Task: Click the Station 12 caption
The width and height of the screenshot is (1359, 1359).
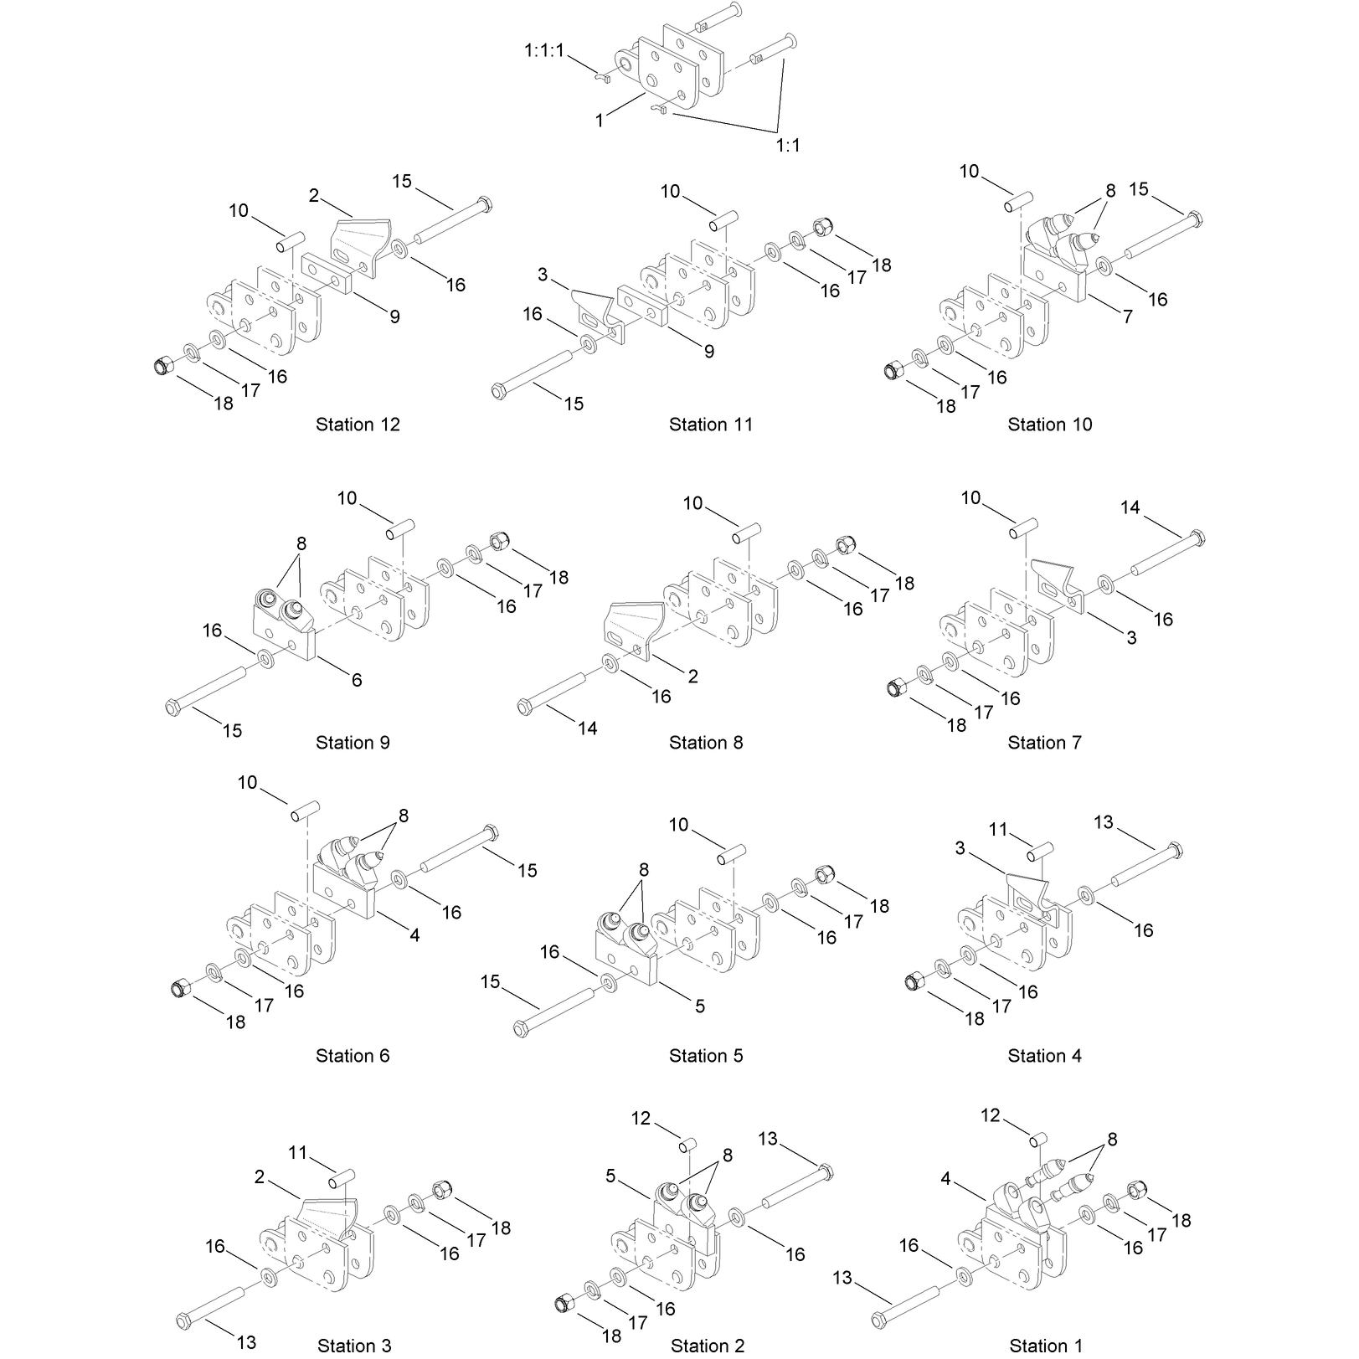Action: (358, 425)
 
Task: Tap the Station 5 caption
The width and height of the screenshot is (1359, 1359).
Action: (706, 1056)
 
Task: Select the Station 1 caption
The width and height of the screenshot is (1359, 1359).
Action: (1046, 1346)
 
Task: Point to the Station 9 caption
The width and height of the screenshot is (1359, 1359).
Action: (353, 743)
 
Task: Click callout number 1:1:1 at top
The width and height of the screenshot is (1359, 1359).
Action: (545, 51)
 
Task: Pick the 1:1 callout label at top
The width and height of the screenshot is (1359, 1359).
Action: (788, 146)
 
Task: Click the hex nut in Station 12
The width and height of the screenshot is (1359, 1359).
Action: (163, 365)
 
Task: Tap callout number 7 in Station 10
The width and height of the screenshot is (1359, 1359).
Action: (1128, 317)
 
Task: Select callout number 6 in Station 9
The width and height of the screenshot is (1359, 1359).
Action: (357, 680)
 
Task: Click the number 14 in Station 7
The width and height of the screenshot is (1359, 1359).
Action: (1130, 507)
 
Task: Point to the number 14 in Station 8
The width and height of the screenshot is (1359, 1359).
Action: (588, 728)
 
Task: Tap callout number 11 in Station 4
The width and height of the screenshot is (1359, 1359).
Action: (998, 829)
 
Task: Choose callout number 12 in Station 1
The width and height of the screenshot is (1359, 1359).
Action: (991, 1115)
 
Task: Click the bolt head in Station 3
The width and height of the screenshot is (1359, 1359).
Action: (183, 1320)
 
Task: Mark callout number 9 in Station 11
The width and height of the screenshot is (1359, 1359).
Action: (709, 352)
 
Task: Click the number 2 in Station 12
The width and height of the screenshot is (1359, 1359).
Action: (314, 196)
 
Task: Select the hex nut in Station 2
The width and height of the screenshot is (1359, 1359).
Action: (564, 1303)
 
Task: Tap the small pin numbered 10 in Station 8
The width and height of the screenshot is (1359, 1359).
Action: (747, 533)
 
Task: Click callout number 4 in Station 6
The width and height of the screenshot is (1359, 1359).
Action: (414, 935)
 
